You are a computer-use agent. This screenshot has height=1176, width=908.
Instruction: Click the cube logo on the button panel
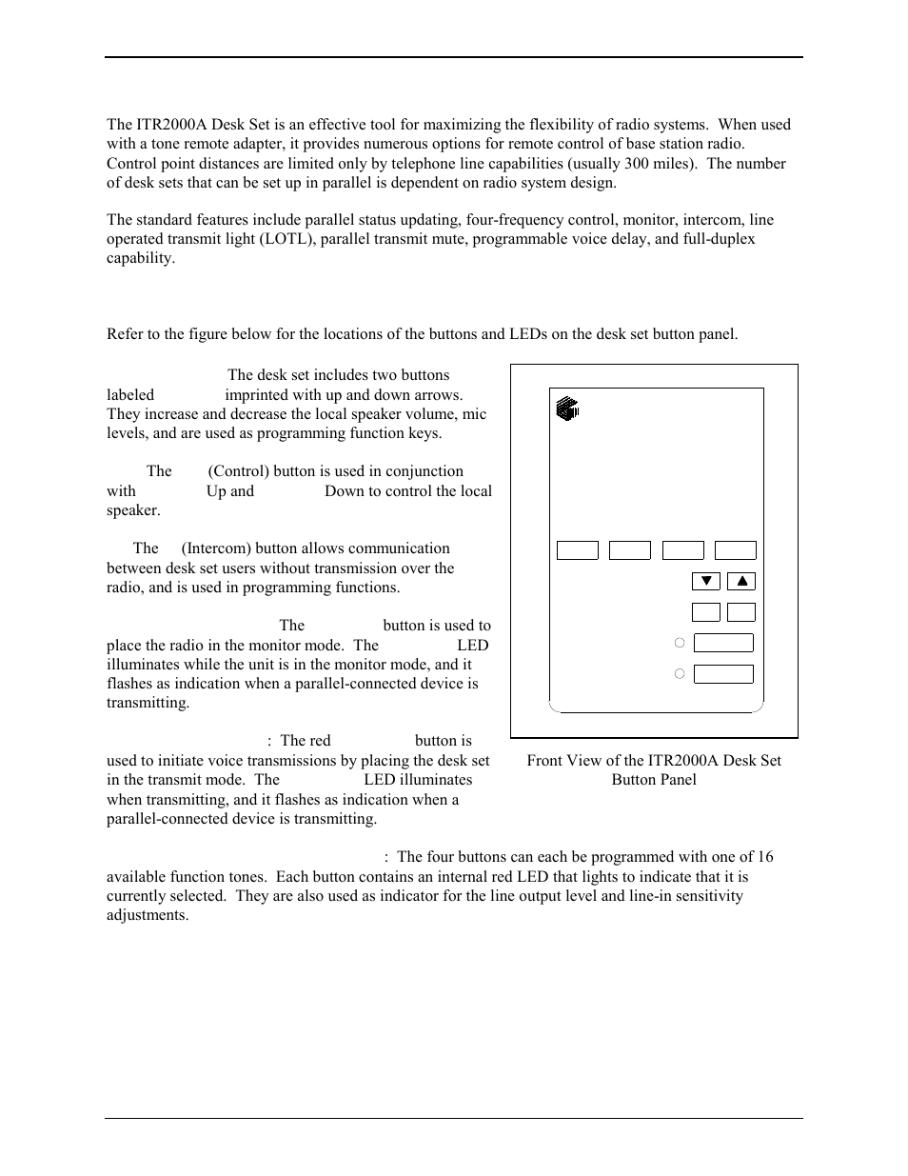tap(567, 410)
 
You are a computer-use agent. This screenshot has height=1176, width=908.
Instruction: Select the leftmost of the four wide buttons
tap(577, 550)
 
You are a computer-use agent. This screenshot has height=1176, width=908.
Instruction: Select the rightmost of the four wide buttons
tap(735, 550)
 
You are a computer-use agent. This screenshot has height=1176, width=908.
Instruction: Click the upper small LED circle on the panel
tap(680, 643)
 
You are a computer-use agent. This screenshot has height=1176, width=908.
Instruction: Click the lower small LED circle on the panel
tap(680, 673)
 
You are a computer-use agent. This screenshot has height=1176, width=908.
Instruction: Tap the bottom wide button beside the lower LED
tap(723, 674)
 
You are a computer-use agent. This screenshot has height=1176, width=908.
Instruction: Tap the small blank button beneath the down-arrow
tap(705, 612)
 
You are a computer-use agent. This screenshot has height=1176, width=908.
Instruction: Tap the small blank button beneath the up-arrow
tap(740, 612)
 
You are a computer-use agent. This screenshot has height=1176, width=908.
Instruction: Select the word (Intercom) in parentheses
tap(216, 548)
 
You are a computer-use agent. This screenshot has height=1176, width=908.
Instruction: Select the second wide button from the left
tap(629, 550)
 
